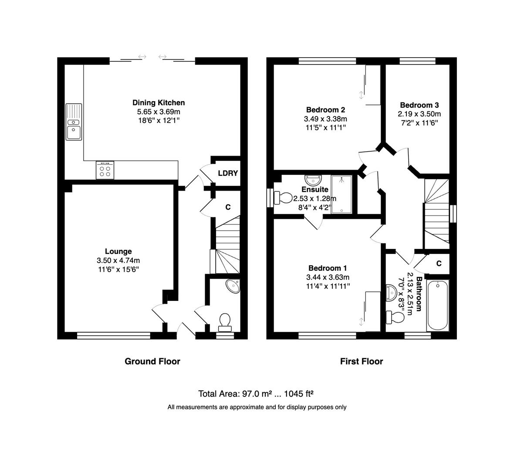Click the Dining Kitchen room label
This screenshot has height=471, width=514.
coord(159,103)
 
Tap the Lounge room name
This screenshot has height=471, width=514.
coord(118,252)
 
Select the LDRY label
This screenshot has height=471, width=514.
coord(228,173)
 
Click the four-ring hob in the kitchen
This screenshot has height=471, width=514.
coord(105,170)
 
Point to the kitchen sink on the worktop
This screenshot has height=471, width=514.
coord(74,122)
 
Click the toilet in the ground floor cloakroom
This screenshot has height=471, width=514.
coord(224,322)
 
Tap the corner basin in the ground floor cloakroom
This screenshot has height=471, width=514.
coord(233,286)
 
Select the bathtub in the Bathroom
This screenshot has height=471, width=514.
coord(438,306)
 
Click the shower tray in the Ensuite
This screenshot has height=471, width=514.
coord(342,195)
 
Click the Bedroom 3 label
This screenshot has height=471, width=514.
coord(419,106)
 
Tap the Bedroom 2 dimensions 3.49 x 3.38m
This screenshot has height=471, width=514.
coord(325,119)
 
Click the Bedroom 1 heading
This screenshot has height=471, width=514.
coord(328,268)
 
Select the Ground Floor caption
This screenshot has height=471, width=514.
coord(152,362)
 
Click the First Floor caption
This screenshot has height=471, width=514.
coord(362,362)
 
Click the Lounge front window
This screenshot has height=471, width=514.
coord(114,335)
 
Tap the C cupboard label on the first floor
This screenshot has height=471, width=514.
coord(439,263)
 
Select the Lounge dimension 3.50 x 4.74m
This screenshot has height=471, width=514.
coord(118,261)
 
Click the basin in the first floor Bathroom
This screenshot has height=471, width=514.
coord(391,293)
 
